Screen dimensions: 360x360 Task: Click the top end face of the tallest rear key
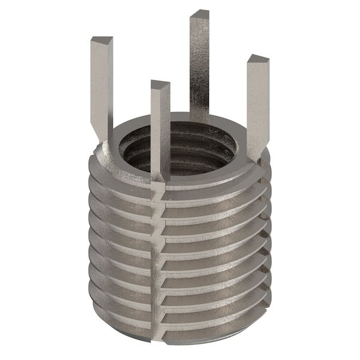(x=199, y=13)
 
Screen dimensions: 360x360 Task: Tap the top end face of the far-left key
(x=101, y=41)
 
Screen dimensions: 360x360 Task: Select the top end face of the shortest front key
(x=160, y=85)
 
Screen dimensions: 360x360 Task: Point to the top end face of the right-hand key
(x=257, y=59)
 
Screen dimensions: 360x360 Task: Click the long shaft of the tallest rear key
(x=199, y=66)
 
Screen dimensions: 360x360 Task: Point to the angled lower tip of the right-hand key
(x=256, y=153)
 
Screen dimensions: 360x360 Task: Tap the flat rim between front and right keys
(x=210, y=174)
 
